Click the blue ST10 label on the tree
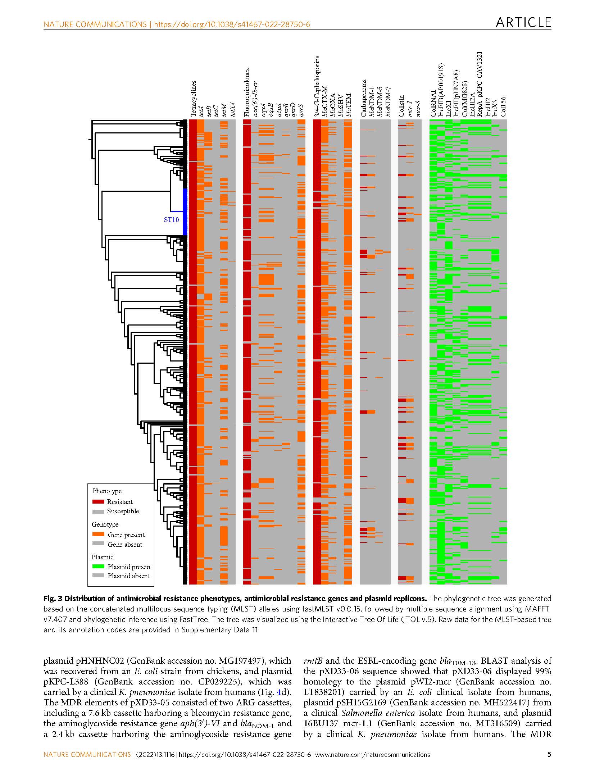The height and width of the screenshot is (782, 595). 171,220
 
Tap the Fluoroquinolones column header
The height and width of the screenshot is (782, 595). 247,92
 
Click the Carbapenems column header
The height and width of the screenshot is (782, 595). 364,98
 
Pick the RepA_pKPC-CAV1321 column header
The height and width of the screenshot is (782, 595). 480,84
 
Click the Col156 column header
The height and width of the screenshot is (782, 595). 503,106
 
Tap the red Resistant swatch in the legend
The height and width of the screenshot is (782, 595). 98,502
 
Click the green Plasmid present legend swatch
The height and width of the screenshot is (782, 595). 98,567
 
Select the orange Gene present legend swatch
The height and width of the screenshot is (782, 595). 98,535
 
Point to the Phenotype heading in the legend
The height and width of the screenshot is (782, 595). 107,491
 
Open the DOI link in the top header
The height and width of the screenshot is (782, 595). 232,24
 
